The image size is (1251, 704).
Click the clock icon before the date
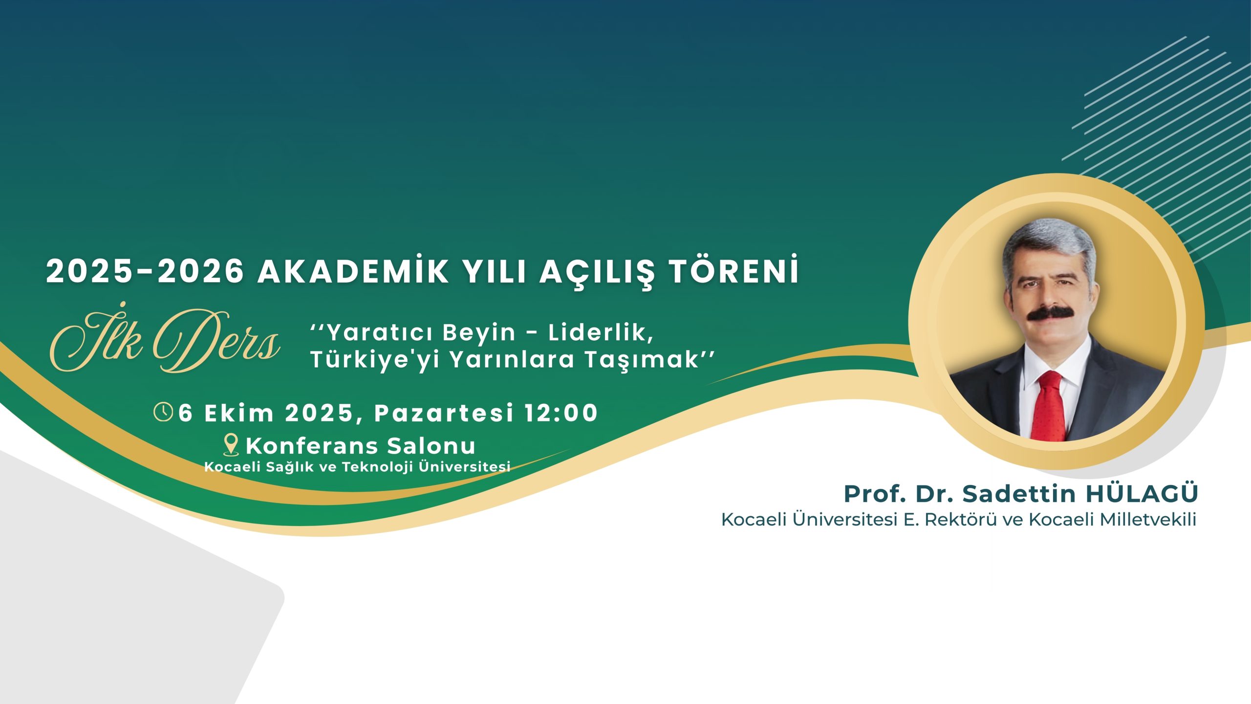coord(163,412)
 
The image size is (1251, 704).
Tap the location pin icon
coord(231,445)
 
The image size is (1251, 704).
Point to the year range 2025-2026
coord(145,271)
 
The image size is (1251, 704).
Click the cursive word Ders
coord(216,341)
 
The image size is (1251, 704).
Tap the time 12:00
coord(561,413)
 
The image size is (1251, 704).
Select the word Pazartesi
coord(444,413)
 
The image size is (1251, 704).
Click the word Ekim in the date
coord(239,413)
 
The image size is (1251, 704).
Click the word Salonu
coord(431,445)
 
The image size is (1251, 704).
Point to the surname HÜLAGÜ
coord(1142,493)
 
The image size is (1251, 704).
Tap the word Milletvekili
coord(1148,519)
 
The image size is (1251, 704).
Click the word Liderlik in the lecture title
coord(601,333)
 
